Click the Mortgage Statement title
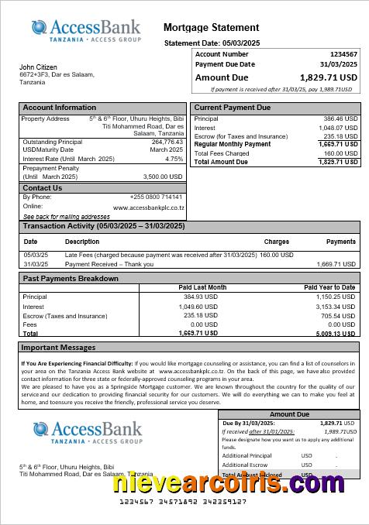tap(212, 28)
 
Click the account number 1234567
tap(343, 54)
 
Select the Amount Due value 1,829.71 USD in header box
tap(329, 77)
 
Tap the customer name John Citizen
tap(38, 67)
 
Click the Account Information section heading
tap(60, 108)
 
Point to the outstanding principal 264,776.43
tap(167, 142)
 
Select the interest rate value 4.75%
tap(174, 159)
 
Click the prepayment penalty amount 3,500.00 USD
tap(163, 177)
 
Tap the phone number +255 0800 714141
tap(157, 197)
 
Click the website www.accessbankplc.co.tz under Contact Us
tap(148, 208)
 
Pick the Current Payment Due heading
tap(233, 108)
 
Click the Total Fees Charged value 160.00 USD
tap(340, 153)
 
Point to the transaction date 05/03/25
tap(36, 255)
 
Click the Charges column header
tap(276, 242)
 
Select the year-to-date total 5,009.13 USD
tap(336, 334)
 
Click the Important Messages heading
tap(58, 348)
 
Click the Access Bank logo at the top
tap(86, 31)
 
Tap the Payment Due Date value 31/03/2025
tap(339, 64)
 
